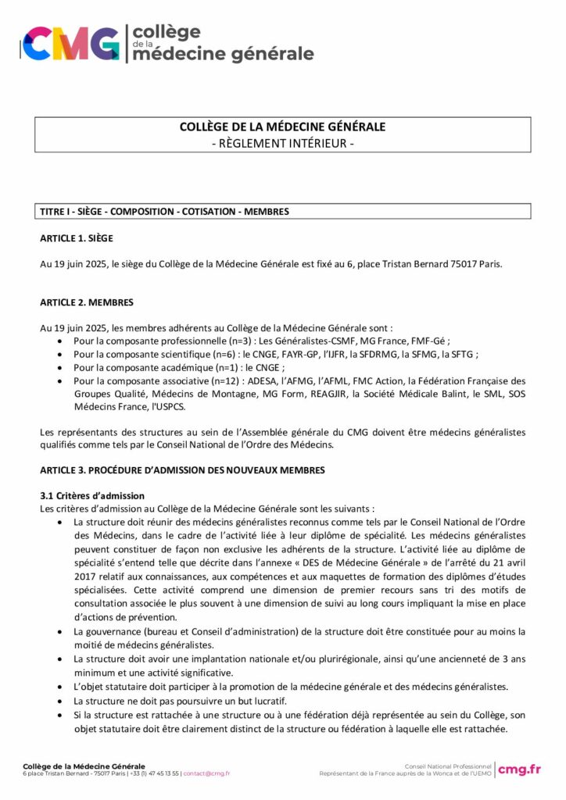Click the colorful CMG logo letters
(72, 43)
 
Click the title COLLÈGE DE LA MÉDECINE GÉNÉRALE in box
(282, 127)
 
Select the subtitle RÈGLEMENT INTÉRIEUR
(282, 143)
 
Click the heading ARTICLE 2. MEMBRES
(86, 302)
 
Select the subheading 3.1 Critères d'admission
(92, 496)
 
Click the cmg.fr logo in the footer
(519, 769)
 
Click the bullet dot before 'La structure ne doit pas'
(62, 702)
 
